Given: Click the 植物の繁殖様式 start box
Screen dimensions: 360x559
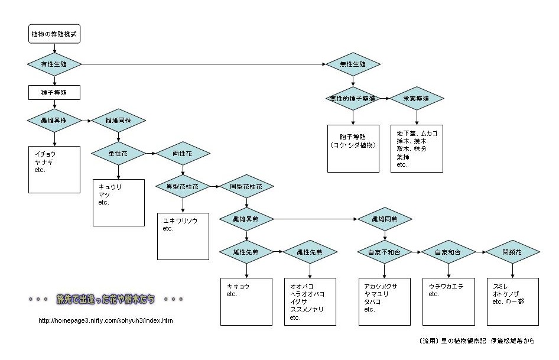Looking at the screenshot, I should coord(54,35).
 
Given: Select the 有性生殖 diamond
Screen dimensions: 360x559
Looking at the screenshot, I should coord(54,64).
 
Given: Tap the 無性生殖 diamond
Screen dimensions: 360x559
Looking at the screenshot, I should coord(353,64).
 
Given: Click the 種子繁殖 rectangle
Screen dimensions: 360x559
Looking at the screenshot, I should coord(54,93).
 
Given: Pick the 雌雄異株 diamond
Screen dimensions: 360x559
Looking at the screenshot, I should coord(54,121).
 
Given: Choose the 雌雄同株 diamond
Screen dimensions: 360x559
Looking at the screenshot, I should coord(118,121).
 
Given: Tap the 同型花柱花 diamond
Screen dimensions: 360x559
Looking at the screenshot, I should coord(246,186).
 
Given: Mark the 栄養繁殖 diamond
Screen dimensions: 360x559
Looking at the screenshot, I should coord(417,98).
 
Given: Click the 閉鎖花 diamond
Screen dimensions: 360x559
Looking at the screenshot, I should coord(512,252).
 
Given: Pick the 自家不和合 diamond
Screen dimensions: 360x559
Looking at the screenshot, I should coord(384,252).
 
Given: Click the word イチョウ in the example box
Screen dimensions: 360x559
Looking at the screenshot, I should coord(45,153).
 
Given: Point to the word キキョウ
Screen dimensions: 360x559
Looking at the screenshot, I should coord(238,286).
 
